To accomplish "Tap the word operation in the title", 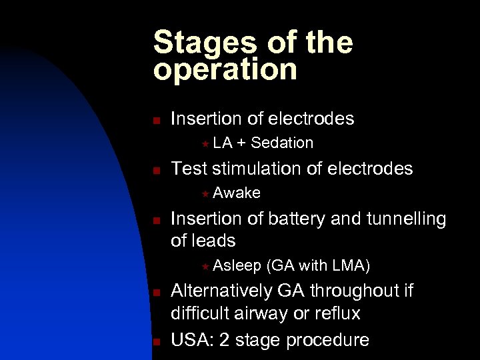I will pyautogui.click(x=225, y=70).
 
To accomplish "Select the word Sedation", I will pyautogui.click(x=282, y=143).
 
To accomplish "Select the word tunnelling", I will pyautogui.click(x=405, y=219).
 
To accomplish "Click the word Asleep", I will pyautogui.click(x=237, y=267).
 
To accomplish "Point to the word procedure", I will pyautogui.click(x=327, y=341).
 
